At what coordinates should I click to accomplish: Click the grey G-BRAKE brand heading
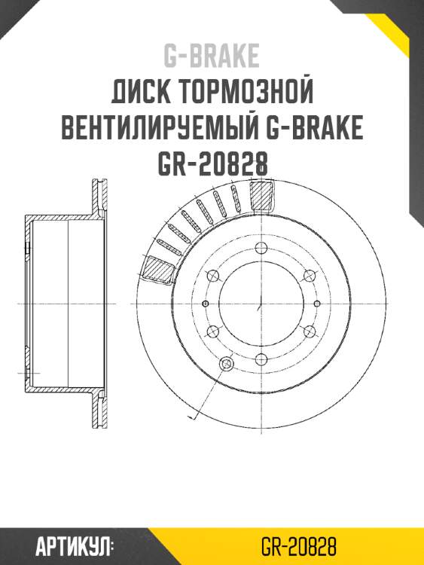click(212, 56)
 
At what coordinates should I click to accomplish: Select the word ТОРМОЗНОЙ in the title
click(246, 93)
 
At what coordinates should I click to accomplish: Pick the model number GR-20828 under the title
click(212, 163)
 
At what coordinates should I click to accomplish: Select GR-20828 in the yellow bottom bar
click(298, 545)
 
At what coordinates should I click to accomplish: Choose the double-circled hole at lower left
click(224, 365)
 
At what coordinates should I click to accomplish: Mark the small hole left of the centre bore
click(206, 303)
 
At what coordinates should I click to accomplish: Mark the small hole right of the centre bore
click(315, 303)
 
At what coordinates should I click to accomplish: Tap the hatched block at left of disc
click(158, 268)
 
